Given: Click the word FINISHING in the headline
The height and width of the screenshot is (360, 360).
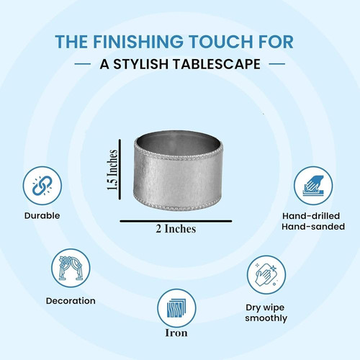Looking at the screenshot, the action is pos(138,42).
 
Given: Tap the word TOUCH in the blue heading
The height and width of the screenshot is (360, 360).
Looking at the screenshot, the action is pos(221,42).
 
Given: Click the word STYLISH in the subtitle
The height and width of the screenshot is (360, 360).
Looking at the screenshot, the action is pos(140,64).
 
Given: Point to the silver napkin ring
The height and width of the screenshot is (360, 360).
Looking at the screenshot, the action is pos(178,171).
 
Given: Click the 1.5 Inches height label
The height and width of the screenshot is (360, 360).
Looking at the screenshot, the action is pos(112,170).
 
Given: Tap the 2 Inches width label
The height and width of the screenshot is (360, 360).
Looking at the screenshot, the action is pos(176,229).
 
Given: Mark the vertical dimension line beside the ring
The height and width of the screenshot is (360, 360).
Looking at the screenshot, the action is pos(120,169).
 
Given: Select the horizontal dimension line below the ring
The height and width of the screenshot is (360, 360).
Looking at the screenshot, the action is pos(176,221).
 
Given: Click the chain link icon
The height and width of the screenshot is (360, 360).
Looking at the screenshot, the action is pos(42,186).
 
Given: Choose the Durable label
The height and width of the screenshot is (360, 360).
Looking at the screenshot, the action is pos(42,215).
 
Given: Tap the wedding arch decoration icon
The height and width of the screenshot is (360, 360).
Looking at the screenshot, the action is pos(71,268).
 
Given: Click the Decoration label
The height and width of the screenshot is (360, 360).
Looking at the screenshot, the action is pos(71,301).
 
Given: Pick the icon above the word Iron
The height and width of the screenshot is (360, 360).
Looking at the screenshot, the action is pos(176,308).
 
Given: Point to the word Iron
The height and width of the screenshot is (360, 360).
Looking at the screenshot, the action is pos(176,333).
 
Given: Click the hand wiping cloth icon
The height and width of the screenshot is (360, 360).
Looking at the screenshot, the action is pos(266,274).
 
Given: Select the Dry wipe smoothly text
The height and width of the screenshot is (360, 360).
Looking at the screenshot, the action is pos(266,312).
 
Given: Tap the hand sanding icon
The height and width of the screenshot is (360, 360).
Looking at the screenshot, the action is pos(313,186).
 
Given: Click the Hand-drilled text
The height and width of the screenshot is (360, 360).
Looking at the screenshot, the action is pos(311,216).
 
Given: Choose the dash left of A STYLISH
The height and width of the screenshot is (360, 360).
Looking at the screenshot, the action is pos(83,64).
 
